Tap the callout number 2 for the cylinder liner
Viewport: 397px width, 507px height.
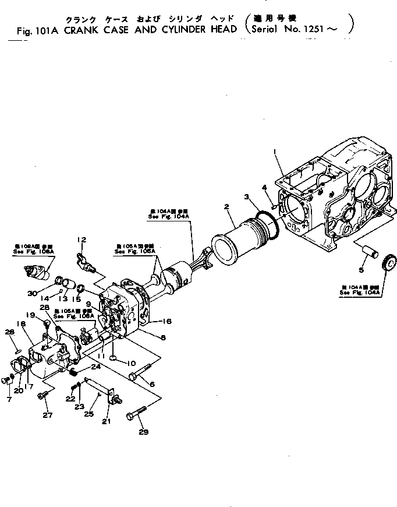coord(226,206)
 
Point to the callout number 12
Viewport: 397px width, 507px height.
coord(81,240)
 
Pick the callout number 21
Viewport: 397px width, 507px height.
coord(107,421)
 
